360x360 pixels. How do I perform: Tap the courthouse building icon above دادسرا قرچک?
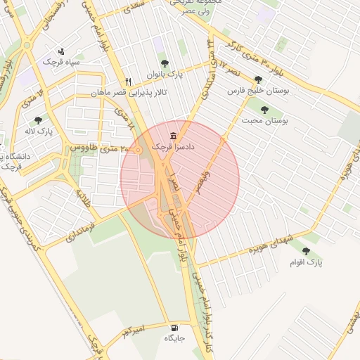pyautogui.click(x=174, y=135)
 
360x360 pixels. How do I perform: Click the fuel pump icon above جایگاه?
pyautogui.click(x=174, y=328)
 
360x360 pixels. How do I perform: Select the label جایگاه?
pyautogui.click(x=174, y=338)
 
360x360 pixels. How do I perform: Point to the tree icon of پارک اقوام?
pyautogui.click(x=306, y=250)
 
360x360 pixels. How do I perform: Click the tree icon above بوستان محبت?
pyautogui.click(x=264, y=109)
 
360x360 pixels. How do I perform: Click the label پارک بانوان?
pyautogui.click(x=165, y=74)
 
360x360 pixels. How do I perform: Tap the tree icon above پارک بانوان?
pyautogui.click(x=165, y=63)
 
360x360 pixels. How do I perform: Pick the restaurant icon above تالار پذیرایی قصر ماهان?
pyautogui.click(x=128, y=81)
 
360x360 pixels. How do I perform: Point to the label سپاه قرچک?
pyautogui.click(x=62, y=63)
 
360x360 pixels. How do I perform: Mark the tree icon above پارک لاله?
pyautogui.click(x=38, y=120)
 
